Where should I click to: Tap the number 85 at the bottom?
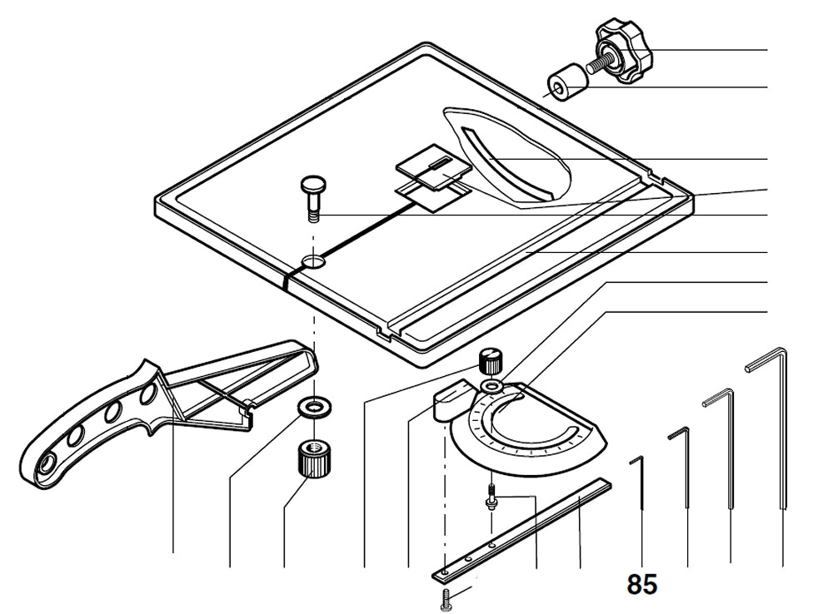(x=642, y=585)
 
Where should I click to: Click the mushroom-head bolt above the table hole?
(x=313, y=196)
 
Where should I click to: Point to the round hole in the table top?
(x=314, y=261)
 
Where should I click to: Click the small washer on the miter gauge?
(x=491, y=388)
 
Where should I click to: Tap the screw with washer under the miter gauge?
(x=491, y=497)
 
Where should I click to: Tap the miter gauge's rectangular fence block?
(x=451, y=398)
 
